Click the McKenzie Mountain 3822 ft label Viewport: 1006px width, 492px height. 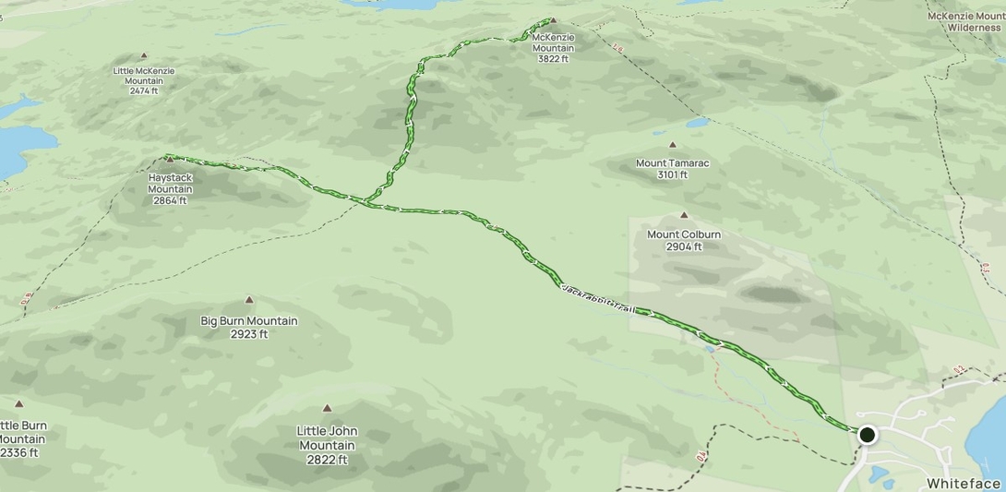pyautogui.click(x=553, y=48)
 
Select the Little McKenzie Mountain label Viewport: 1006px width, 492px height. pyautogui.click(x=144, y=80)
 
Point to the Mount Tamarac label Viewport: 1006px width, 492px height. pyautogui.click(x=672, y=169)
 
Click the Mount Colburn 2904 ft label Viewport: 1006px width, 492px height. pyautogui.click(x=684, y=240)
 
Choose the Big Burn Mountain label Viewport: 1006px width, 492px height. pyautogui.click(x=249, y=327)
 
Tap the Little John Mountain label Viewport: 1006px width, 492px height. pyautogui.click(x=327, y=444)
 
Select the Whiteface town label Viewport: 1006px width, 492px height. pyautogui.click(x=964, y=484)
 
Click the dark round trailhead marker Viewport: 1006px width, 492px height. pyautogui.click(x=867, y=434)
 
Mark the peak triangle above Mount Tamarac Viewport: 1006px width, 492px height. pyautogui.click(x=672, y=145)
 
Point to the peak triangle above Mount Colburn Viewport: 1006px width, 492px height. pyautogui.click(x=684, y=215)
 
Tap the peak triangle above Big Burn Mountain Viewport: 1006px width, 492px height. pyautogui.click(x=249, y=300)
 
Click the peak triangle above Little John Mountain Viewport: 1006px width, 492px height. pyautogui.click(x=327, y=408)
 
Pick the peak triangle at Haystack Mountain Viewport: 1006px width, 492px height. pyautogui.click(x=170, y=160)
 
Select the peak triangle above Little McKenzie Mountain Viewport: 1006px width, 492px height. pyautogui.click(x=144, y=56)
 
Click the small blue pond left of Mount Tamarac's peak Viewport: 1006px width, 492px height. pyautogui.click(x=697, y=121)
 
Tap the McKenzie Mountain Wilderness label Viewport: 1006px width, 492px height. pyautogui.click(x=964, y=21)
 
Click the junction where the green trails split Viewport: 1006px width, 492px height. pyautogui.click(x=366, y=200)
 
